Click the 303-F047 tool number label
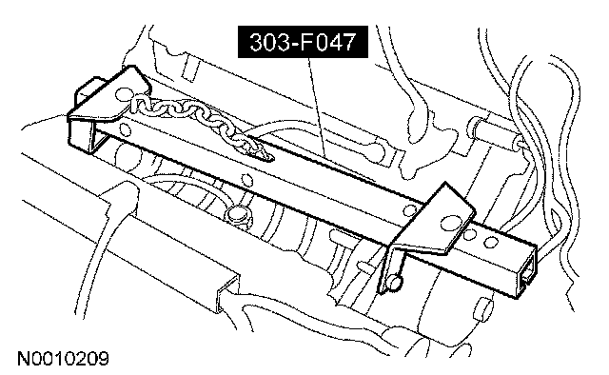(303, 42)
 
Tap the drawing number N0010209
(63, 359)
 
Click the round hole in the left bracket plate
(124, 93)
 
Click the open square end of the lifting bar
(526, 275)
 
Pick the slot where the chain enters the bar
(264, 154)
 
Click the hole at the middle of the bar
(246, 180)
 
